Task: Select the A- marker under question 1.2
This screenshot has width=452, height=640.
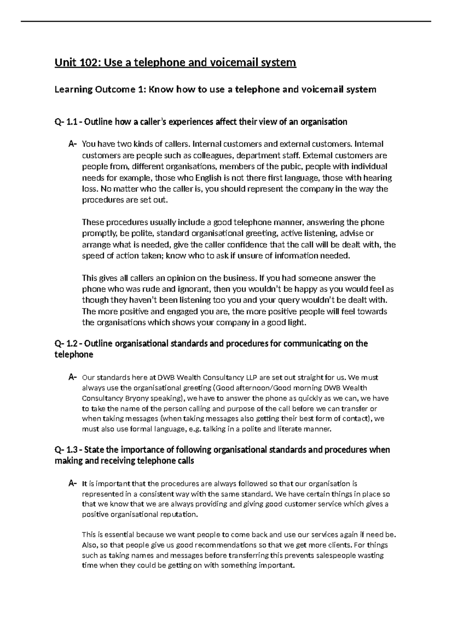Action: (x=73, y=377)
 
